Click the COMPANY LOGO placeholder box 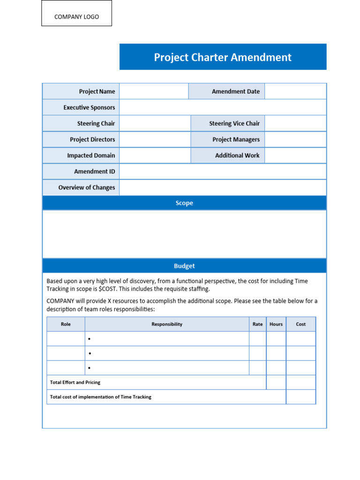(76, 13)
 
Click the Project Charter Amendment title (223, 57)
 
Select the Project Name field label (97, 91)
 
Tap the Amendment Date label (235, 91)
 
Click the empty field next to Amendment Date (295, 91)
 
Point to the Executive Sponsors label (89, 107)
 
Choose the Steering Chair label (96, 123)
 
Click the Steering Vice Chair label (234, 123)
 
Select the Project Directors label (92, 139)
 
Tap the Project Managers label (236, 139)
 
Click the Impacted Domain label (91, 155)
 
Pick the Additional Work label (237, 155)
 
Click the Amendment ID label (94, 172)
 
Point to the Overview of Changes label (86, 187)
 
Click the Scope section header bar (184, 203)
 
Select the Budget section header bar (184, 266)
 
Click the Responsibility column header (167, 324)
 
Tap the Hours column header (276, 324)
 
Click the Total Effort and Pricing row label (75, 382)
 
